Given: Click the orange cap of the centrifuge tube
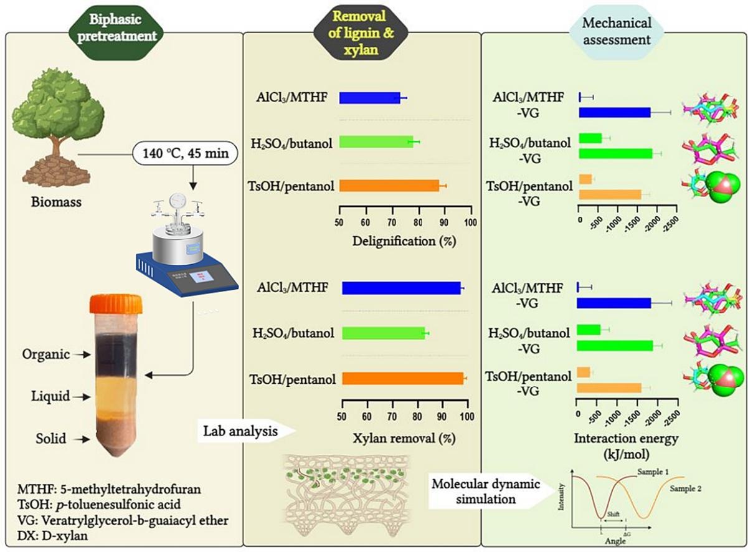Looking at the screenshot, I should [116, 303].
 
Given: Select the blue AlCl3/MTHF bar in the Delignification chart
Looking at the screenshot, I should [370, 98].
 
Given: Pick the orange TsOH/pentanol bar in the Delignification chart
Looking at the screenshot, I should [389, 186].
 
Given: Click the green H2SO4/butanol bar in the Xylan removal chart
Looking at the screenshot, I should [383, 333].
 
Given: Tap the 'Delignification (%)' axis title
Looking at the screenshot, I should [404, 240].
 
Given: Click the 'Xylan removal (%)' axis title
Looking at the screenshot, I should [405, 437].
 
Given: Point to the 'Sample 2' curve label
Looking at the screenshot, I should [686, 490].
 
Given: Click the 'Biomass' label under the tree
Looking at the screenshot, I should [56, 202].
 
